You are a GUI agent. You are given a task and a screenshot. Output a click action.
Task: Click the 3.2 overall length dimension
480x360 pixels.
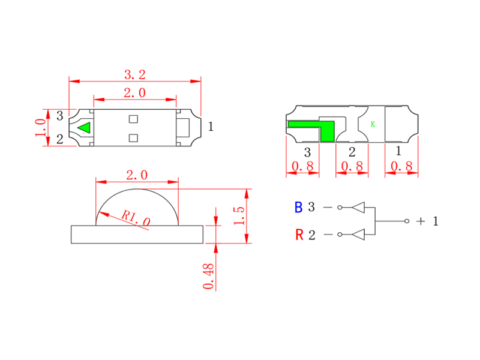pos(134,74)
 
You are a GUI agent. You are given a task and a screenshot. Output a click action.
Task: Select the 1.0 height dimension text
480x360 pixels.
pos(41,128)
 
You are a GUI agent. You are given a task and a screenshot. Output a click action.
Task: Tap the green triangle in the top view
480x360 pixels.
pos(85,128)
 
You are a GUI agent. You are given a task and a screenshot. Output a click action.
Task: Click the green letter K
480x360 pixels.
pos(373,124)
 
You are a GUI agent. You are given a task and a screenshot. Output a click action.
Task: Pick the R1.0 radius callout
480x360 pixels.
pos(136,218)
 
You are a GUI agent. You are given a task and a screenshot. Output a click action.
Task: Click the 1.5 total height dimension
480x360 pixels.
pos(239,216)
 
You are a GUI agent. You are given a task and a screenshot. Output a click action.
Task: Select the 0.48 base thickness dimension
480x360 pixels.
pos(208,277)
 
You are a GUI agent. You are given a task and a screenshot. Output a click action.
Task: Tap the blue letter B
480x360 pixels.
pos(298,208)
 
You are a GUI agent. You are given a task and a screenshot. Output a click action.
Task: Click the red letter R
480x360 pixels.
pos(298,235)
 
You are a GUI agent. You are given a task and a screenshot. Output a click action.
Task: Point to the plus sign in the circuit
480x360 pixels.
pos(421,221)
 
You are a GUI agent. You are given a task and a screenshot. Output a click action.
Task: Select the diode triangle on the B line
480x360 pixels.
pos(358,208)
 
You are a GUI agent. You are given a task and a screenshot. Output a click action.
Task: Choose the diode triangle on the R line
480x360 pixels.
pos(358,234)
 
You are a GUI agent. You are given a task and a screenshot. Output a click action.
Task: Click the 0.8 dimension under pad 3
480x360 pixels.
pos(304,166)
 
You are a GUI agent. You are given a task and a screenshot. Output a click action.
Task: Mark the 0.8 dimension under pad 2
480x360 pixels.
pos(353,166)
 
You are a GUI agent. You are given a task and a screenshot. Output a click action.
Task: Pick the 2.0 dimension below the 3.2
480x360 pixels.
pos(134,93)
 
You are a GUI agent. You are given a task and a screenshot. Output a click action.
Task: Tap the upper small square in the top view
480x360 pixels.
pos(134,118)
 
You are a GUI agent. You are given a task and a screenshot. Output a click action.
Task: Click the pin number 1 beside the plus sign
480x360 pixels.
pos(435,221)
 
